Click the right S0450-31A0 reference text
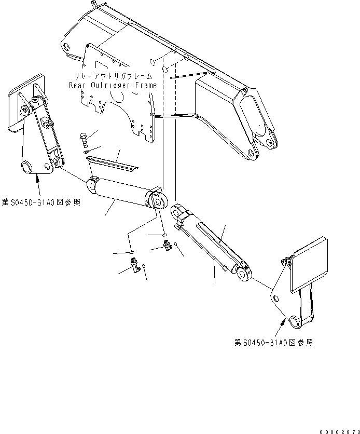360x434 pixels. tap(274, 343)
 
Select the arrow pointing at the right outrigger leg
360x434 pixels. tap(283, 324)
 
